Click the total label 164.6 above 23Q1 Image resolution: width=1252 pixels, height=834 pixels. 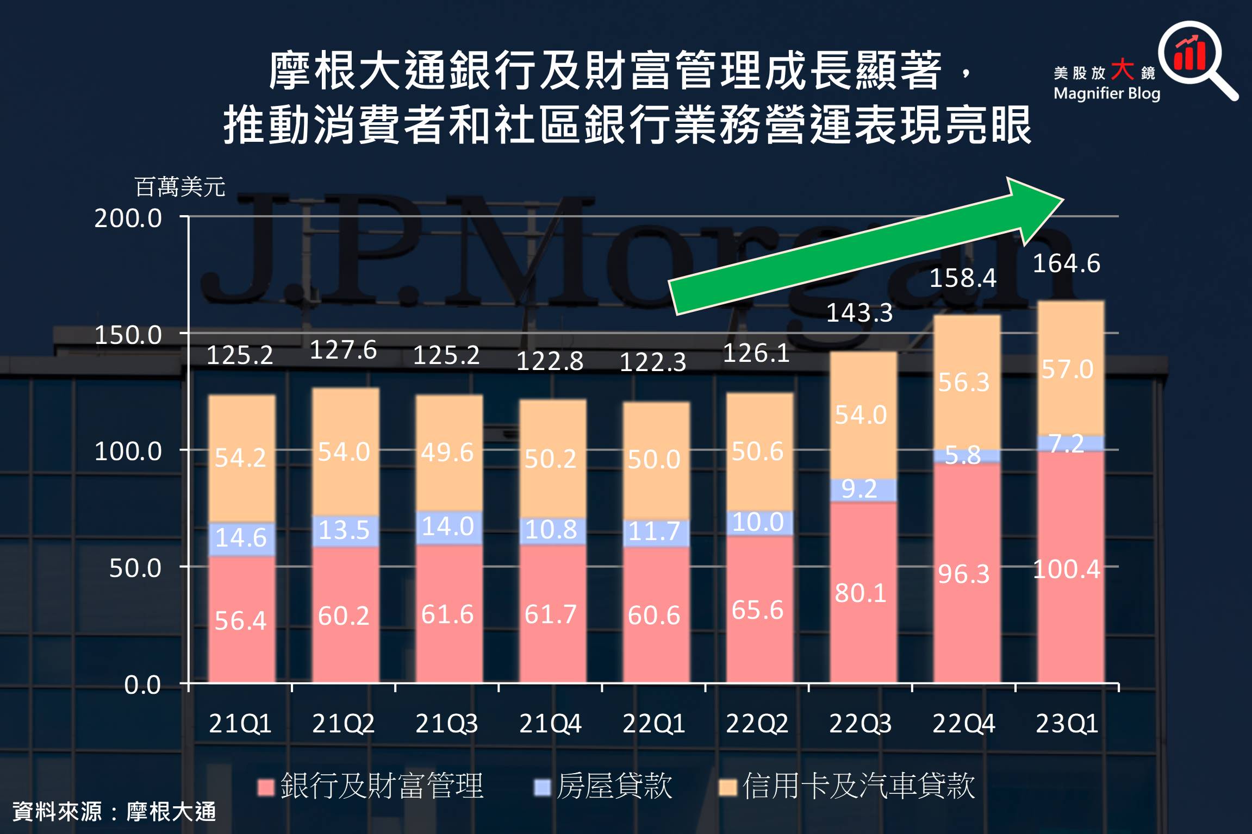tap(1066, 264)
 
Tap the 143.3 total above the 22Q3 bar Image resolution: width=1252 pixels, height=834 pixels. tap(859, 313)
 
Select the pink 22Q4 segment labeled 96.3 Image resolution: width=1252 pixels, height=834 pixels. tap(967, 573)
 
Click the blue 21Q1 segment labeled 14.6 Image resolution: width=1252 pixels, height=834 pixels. tap(241, 538)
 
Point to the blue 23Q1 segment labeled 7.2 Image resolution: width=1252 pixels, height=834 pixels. tap(1070, 443)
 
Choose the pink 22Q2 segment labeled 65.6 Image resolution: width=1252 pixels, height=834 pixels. tap(759, 609)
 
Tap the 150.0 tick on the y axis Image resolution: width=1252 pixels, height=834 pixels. tap(128, 335)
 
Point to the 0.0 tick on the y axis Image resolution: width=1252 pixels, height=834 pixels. tap(142, 685)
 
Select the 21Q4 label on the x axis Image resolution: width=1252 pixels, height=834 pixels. tap(550, 724)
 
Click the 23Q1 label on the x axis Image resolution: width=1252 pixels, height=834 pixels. tap(1067, 724)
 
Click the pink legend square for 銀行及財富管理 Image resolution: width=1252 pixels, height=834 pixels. tap(266, 787)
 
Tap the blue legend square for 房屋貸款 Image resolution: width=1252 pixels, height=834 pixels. tap(542, 787)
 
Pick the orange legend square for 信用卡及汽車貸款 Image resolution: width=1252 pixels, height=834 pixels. tap(727, 787)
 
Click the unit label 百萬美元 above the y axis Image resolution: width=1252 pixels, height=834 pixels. tap(179, 187)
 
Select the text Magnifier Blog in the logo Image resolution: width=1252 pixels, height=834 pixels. tap(1106, 93)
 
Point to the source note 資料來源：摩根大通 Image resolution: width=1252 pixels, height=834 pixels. tap(114, 812)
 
